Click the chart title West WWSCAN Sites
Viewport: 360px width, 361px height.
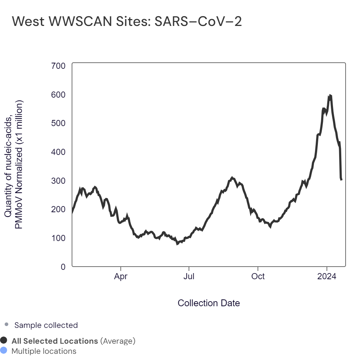127,22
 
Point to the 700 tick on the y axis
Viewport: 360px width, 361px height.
58,66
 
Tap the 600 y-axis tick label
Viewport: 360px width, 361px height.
58,95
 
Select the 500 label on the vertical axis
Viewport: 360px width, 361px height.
58,123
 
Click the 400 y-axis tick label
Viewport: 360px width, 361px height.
58,152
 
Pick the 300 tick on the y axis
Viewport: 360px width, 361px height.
58,180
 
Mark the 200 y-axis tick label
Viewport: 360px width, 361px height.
58,209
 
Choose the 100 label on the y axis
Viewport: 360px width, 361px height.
58,238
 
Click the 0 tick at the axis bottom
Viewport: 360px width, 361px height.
63,267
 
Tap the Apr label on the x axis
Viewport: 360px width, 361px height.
121,277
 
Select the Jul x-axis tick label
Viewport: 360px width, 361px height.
189,277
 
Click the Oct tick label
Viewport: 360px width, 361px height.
258,277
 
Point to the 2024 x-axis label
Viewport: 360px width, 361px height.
327,277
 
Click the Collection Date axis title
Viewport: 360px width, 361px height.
209,303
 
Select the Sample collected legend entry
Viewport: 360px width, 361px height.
46,325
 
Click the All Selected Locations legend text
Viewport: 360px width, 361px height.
55,341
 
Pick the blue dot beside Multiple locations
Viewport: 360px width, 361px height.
4,351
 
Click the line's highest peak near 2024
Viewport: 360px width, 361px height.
329,95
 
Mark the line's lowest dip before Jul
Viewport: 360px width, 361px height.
177,244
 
